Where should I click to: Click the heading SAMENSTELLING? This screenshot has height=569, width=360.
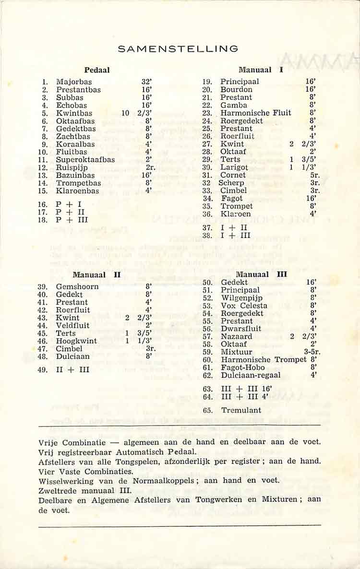click(x=178, y=49)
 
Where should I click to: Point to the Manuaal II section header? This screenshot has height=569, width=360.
click(x=96, y=275)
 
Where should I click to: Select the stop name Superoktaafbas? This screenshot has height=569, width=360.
click(x=85, y=160)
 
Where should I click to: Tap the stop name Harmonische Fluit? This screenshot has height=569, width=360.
click(x=255, y=113)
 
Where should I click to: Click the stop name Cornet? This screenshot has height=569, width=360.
click(x=233, y=175)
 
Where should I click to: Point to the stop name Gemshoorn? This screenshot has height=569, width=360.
click(x=77, y=287)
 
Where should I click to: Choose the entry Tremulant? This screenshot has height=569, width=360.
click(x=241, y=410)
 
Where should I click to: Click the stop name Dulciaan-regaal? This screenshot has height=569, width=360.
click(x=251, y=376)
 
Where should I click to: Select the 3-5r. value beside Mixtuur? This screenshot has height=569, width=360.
click(x=312, y=352)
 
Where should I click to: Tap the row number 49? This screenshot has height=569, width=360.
click(x=41, y=370)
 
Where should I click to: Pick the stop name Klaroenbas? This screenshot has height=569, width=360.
click(x=77, y=191)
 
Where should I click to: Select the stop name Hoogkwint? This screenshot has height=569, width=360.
click(x=76, y=341)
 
